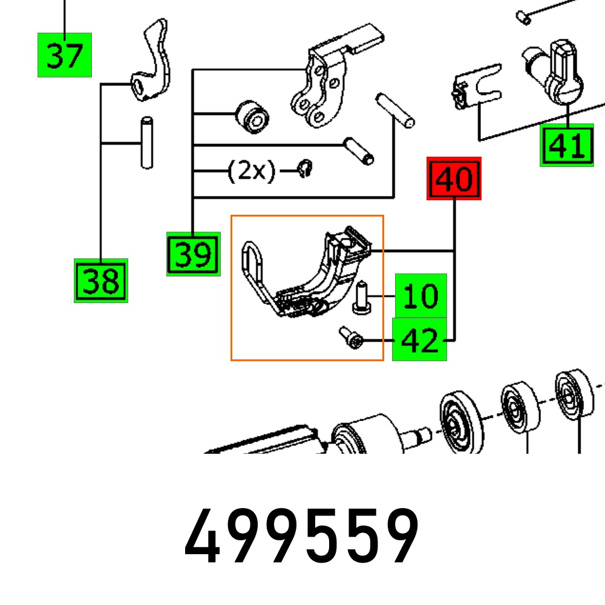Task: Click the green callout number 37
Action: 65,55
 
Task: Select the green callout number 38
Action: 101,281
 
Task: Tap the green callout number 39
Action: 193,254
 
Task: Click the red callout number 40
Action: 454,178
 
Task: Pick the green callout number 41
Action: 566,145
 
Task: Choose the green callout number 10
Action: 421,296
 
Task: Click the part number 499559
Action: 302,536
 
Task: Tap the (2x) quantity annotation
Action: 251,172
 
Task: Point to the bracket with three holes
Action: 318,88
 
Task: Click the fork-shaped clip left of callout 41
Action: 478,88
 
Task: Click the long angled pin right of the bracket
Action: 394,109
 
